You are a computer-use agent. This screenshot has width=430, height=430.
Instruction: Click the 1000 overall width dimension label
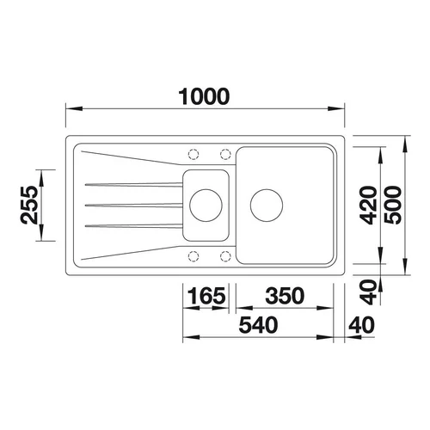pyautogui.click(x=204, y=96)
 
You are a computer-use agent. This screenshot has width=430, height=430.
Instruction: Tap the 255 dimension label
pyautogui.click(x=29, y=205)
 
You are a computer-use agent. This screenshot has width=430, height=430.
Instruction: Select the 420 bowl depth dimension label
pyautogui.click(x=368, y=205)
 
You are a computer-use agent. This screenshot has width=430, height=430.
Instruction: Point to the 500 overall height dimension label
pyautogui.click(x=393, y=205)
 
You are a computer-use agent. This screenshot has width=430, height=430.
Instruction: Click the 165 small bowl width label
pyautogui.click(x=206, y=296)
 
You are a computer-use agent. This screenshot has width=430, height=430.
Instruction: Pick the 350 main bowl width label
pyautogui.click(x=285, y=296)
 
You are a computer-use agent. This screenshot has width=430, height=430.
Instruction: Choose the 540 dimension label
pyautogui.click(x=258, y=325)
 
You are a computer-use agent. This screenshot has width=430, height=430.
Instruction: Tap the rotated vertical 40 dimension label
pyautogui.click(x=368, y=292)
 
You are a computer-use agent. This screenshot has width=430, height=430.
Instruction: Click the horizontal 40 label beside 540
pyautogui.click(x=361, y=325)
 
